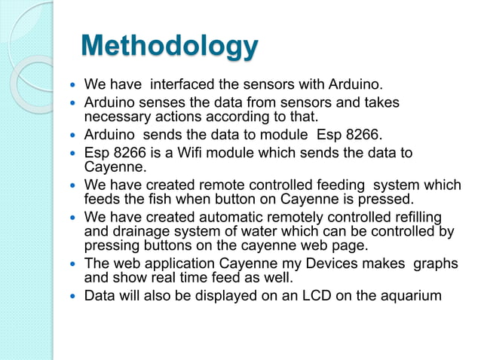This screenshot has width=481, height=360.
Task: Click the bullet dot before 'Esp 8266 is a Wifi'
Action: (72, 154)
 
